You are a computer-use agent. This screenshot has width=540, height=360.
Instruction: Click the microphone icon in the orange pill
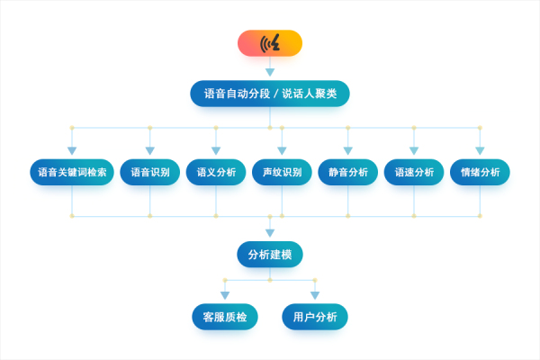pyautogui.click(x=270, y=43)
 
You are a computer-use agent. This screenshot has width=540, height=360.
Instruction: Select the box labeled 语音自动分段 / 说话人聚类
pyautogui.click(x=270, y=94)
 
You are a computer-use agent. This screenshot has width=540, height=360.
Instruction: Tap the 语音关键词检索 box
pyautogui.click(x=72, y=172)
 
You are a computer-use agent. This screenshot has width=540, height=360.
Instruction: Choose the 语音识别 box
pyautogui.click(x=150, y=172)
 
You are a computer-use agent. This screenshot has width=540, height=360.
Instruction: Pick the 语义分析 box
pyautogui.click(x=216, y=172)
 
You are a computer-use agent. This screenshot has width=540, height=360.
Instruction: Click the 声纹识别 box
pyautogui.click(x=282, y=172)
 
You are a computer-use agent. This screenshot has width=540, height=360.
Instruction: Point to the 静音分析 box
pyautogui.click(x=347, y=172)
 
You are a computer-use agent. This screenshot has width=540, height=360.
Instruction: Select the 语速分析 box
pyautogui.click(x=414, y=172)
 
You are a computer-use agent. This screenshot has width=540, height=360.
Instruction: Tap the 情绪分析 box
pyautogui.click(x=480, y=172)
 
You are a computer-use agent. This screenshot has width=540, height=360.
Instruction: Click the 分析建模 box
pyautogui.click(x=270, y=255)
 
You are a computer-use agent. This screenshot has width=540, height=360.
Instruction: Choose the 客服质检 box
pyautogui.click(x=225, y=317)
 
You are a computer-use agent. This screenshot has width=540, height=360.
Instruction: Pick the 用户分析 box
pyautogui.click(x=315, y=317)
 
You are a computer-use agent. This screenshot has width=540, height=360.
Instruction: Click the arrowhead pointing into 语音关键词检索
pyautogui.click(x=72, y=150)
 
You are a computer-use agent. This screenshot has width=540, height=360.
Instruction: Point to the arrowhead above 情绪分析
pyautogui.click(x=480, y=150)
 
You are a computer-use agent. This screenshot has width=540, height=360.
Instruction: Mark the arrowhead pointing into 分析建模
pyautogui.click(x=270, y=233)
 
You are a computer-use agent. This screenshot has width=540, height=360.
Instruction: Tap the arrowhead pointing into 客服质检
pyautogui.click(x=225, y=295)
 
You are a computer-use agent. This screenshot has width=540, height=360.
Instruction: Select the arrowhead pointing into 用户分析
pyautogui.click(x=315, y=295)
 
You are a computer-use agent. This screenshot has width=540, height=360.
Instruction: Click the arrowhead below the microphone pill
pyautogui.click(x=270, y=72)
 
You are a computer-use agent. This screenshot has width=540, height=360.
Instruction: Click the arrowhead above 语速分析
pyautogui.click(x=414, y=150)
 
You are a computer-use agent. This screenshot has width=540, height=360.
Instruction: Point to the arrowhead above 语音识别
pyautogui.click(x=150, y=150)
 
